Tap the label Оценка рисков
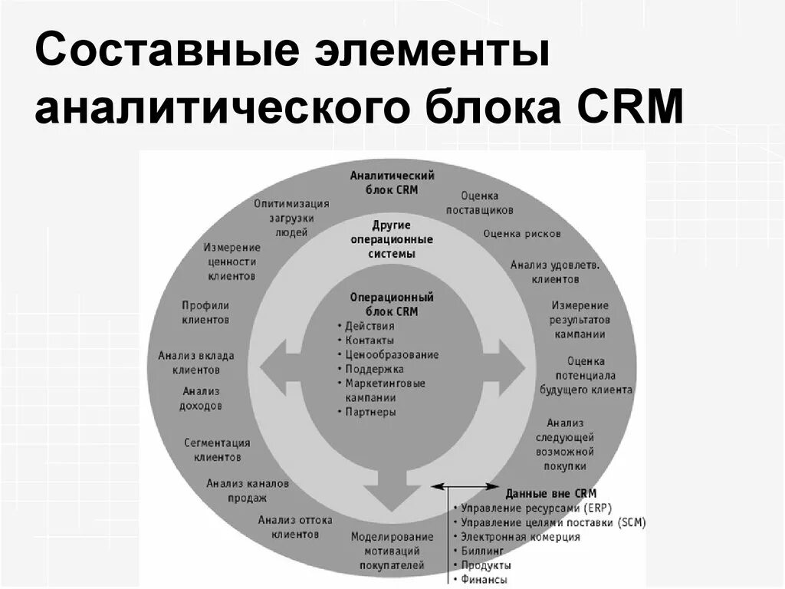pyautogui.click(x=522, y=233)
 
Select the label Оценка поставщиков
pyautogui.click(x=480, y=203)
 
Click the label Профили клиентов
pyautogui.click(x=205, y=312)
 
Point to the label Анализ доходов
pyautogui.click(x=202, y=398)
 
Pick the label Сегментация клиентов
pyautogui.click(x=217, y=449)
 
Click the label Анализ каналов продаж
pyautogui.click(x=247, y=491)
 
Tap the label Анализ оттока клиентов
pyautogui.click(x=295, y=527)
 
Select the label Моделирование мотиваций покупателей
pyautogui.click(x=392, y=551)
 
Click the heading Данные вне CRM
pyautogui.click(x=550, y=494)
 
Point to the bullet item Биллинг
pyautogui.click(x=482, y=551)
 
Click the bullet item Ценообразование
pyautogui.click(x=392, y=354)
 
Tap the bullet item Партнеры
pyautogui.click(x=370, y=412)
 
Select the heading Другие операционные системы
pyautogui.click(x=392, y=239)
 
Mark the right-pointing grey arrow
pyautogui.click(x=507, y=369)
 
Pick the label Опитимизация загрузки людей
pyautogui.click(x=292, y=217)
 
